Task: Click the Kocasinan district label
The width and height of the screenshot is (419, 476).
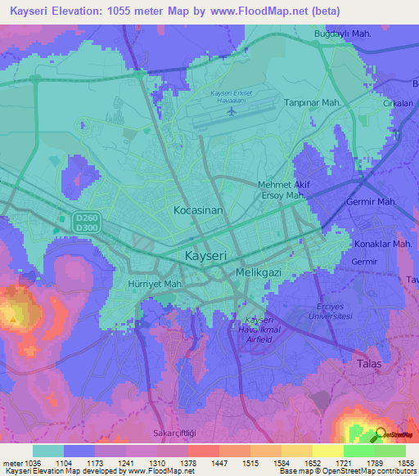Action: click(198, 210)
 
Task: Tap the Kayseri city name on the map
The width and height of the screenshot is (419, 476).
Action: click(205, 255)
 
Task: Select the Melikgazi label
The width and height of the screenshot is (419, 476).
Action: click(258, 271)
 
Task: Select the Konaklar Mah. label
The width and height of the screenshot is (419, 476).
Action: click(383, 244)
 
